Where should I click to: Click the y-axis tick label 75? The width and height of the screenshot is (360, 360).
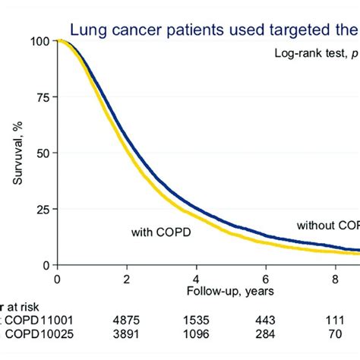(42, 97)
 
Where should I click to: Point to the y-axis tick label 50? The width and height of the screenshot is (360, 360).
(42, 153)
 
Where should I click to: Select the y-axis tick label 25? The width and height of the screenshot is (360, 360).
(42, 209)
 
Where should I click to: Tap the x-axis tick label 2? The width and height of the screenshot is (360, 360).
(127, 279)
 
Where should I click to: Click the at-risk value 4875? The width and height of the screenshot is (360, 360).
(127, 322)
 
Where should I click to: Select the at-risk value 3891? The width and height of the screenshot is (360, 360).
(127, 336)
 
